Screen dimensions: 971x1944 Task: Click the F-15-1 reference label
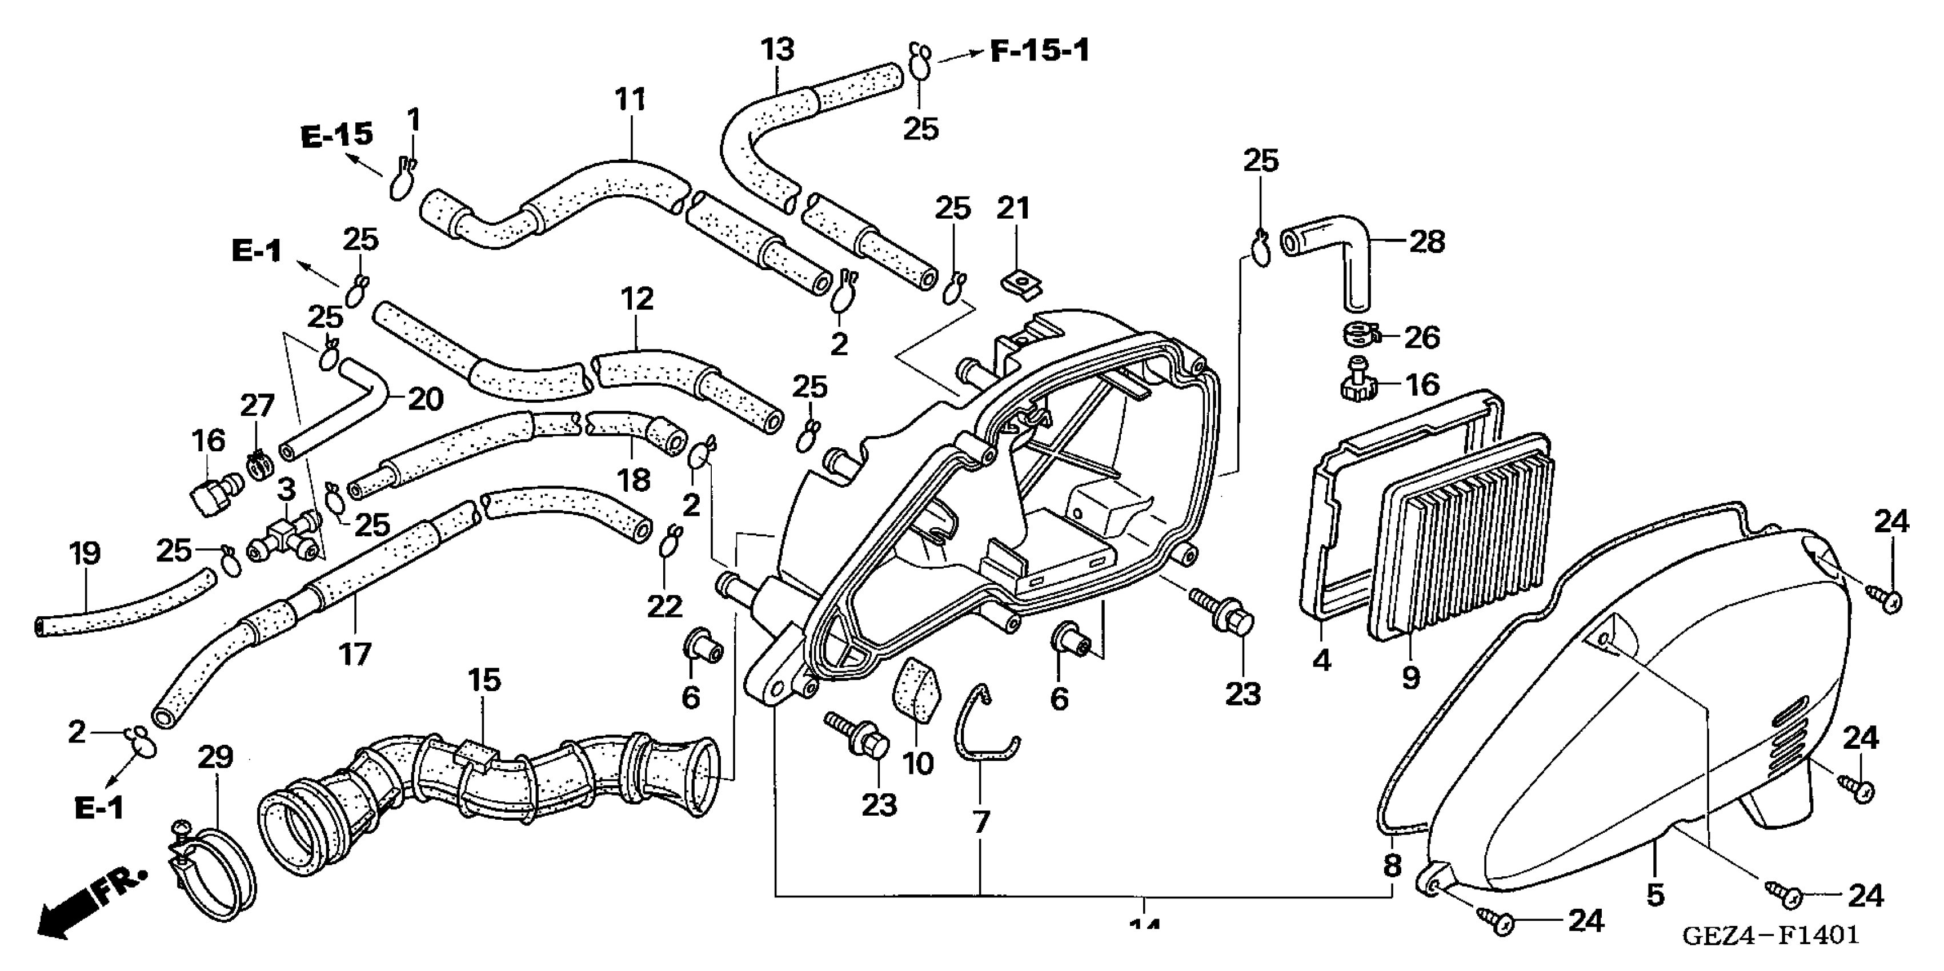[1039, 51]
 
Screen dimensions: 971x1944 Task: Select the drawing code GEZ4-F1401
[1770, 935]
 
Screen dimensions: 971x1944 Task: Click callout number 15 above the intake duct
[484, 680]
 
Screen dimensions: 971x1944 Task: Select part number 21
[1013, 208]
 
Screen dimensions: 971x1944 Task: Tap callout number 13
[777, 50]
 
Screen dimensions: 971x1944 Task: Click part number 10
[917, 764]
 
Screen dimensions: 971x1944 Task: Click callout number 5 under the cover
[1655, 895]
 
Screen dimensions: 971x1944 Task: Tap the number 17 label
[355, 654]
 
